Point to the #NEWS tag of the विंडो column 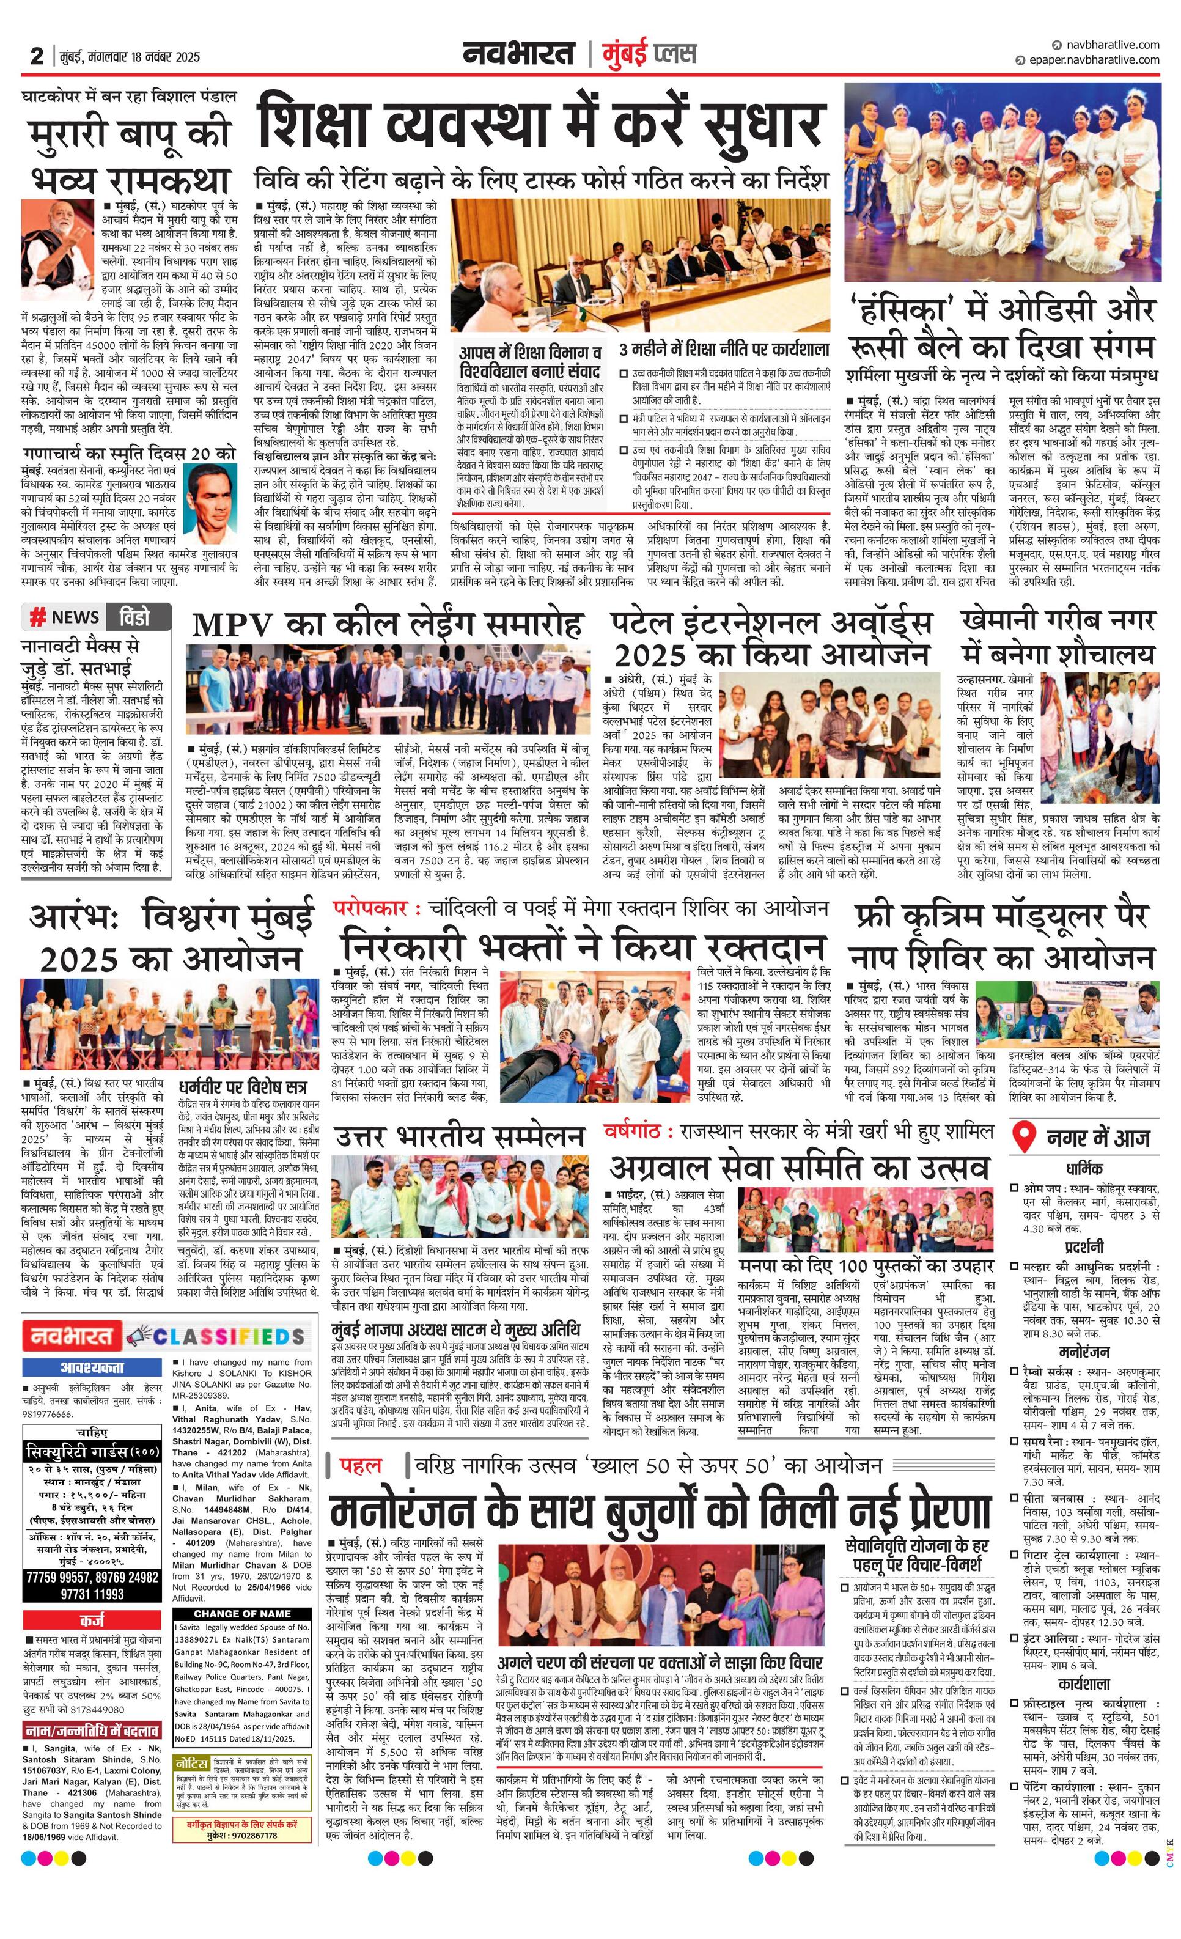coord(65,617)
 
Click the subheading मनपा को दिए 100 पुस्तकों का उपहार coord(867,1266)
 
